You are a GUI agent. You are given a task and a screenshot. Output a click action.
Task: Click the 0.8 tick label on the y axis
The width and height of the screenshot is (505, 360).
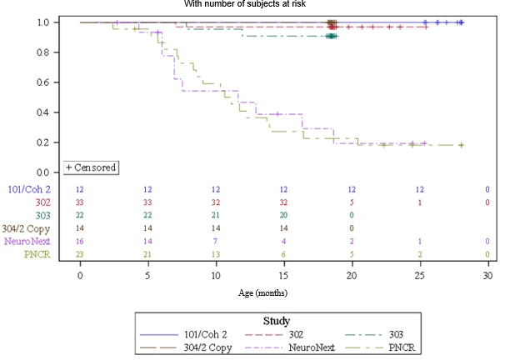pyautogui.click(x=42, y=52)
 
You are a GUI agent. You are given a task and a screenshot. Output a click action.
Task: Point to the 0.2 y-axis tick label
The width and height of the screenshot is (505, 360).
pyautogui.click(x=42, y=142)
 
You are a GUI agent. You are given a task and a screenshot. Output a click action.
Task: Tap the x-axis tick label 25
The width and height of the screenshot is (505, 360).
pyautogui.click(x=420, y=276)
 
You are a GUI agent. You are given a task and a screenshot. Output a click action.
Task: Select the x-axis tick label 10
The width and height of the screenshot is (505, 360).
pyautogui.click(x=216, y=276)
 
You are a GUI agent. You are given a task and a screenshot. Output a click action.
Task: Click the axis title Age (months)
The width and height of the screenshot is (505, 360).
pyautogui.click(x=262, y=293)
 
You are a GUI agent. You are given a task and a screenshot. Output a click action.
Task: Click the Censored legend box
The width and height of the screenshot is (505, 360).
pyautogui.click(x=91, y=167)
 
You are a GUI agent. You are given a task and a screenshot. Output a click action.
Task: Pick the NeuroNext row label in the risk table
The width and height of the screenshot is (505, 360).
pyautogui.click(x=27, y=241)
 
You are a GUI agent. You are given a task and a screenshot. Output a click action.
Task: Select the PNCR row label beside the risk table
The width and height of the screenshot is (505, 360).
pyautogui.click(x=37, y=254)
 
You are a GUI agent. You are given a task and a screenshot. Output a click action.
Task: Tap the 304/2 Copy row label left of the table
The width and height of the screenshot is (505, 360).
pyautogui.click(x=26, y=228)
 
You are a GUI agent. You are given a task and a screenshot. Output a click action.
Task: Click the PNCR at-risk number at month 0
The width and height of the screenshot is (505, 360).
pyautogui.click(x=79, y=254)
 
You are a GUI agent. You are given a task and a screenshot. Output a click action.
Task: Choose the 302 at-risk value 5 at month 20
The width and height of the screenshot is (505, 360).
pyautogui.click(x=352, y=202)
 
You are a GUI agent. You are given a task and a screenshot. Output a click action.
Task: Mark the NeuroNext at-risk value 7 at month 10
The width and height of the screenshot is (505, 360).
pyautogui.click(x=216, y=241)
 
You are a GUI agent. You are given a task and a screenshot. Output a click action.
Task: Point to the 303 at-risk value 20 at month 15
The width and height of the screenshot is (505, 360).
pyautogui.click(x=283, y=215)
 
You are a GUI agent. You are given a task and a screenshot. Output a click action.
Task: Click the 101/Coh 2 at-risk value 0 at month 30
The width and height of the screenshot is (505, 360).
pyautogui.click(x=487, y=189)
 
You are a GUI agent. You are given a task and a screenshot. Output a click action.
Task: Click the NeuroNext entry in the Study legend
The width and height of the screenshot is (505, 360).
pyautogui.click(x=290, y=347)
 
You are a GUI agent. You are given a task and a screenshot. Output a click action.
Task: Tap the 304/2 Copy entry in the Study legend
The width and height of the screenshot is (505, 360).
pyautogui.click(x=186, y=347)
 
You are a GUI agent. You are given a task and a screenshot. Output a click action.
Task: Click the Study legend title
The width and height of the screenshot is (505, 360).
pyautogui.click(x=277, y=321)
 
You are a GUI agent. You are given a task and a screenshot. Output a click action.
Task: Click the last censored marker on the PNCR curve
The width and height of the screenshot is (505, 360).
pyautogui.click(x=461, y=145)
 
